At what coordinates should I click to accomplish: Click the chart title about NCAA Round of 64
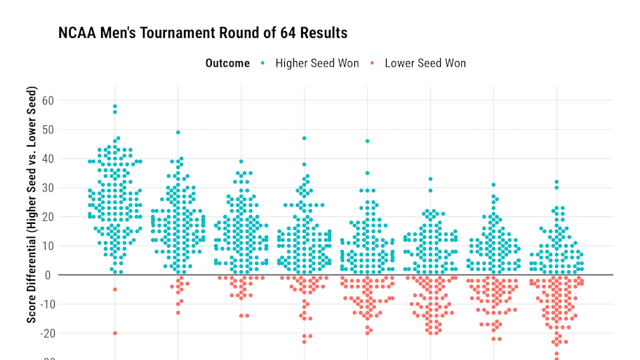pos(203,33)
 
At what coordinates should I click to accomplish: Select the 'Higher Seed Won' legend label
pos(316,63)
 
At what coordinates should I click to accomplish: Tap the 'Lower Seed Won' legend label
pos(425,63)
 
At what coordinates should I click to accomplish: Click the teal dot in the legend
pos(263,63)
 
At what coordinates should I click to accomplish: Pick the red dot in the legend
pos(373,63)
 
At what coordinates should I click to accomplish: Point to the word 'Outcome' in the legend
pos(227,63)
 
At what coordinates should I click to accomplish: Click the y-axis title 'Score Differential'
pos(32,205)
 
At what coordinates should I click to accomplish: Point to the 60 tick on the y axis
pos(48,100)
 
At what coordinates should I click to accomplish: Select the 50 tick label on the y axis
pos(48,130)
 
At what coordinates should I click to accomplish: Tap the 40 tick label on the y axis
pos(48,159)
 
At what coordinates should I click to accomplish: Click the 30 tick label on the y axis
pos(48,188)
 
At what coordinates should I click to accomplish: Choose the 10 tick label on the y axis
pos(48,246)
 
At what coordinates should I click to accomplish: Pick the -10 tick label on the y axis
pos(46,305)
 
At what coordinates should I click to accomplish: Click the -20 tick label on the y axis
pos(46,333)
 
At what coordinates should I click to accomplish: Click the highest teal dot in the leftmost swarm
pos(115,107)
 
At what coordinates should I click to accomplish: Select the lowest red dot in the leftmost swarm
pos(115,333)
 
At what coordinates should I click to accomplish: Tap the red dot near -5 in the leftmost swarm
pos(115,290)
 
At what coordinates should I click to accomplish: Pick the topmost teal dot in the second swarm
pos(178,133)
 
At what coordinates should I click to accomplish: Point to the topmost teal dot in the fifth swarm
pos(367,141)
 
